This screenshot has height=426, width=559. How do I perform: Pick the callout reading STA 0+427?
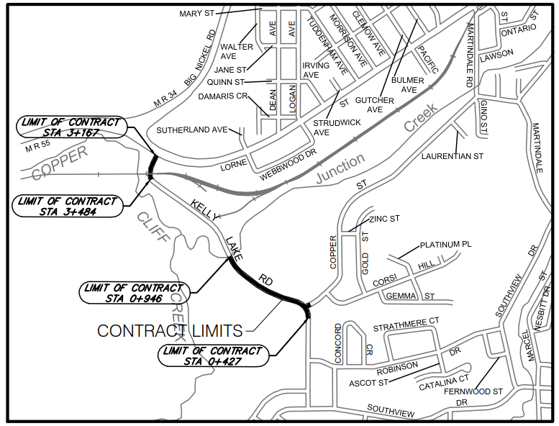(212, 355)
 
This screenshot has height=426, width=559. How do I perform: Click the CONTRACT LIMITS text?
(170, 330)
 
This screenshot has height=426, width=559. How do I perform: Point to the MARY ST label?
(198, 13)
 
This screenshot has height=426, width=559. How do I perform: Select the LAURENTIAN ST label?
(453, 155)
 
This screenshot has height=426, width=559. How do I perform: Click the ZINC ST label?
(384, 219)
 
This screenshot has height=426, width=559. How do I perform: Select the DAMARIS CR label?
(222, 96)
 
